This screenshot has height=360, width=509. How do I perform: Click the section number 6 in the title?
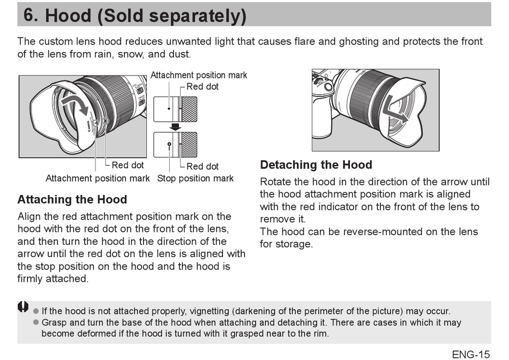tap(29, 15)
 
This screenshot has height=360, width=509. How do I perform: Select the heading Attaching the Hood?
tap(72, 200)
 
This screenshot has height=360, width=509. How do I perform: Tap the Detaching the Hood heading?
tap(316, 165)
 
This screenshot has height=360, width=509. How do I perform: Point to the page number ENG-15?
tap(470, 354)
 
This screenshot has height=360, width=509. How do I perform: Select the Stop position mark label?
tap(195, 178)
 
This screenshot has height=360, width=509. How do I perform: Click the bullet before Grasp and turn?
tap(36, 322)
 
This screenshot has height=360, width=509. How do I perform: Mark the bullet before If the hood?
tap(36, 311)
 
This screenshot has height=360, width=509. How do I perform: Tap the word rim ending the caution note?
tap(319, 333)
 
